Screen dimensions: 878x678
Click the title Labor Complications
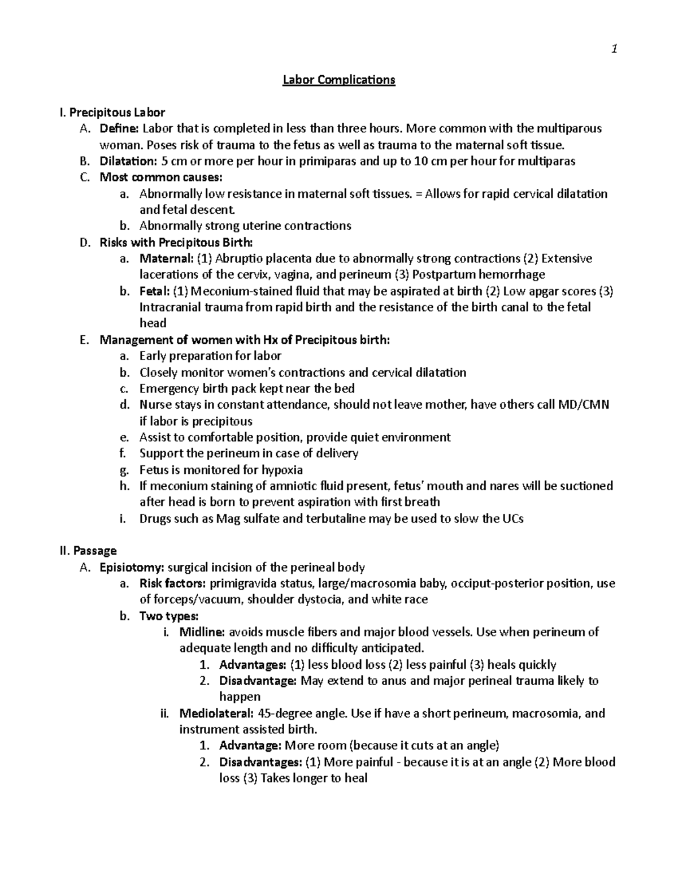[x=338, y=80]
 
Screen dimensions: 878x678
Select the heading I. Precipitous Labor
[x=112, y=113]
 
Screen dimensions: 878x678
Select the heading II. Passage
[x=88, y=551]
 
